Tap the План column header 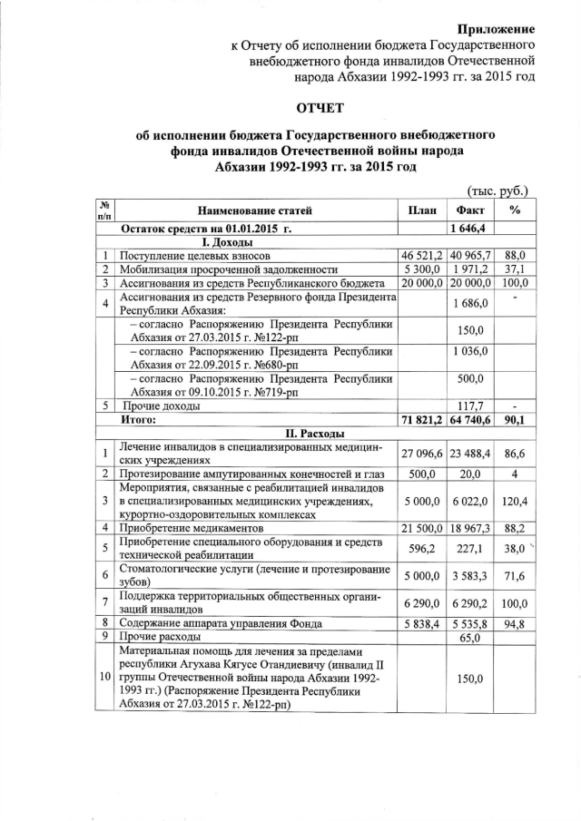tap(421, 210)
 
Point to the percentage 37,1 tap(515, 270)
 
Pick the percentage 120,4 tap(515, 500)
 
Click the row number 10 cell tap(106, 678)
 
